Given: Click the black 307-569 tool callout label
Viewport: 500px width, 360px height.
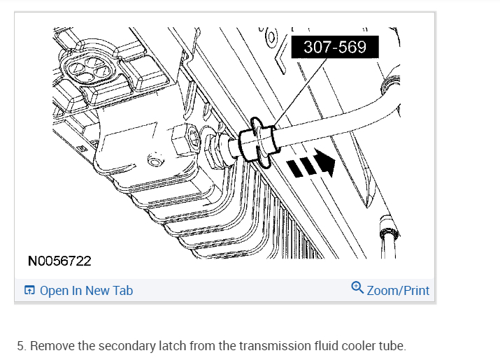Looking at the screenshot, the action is pos(335,47).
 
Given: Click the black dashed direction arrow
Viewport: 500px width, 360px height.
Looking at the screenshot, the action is pos(311,164).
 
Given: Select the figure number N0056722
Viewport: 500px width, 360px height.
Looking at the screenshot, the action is pos(59,261).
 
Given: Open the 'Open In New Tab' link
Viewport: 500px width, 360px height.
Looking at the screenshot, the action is pos(86,291).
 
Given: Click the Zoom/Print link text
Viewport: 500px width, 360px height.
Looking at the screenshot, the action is pos(398,291).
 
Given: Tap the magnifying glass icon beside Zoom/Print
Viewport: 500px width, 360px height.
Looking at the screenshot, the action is pos(357,287).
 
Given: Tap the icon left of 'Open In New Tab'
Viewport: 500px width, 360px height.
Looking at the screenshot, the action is pos(29,290).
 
